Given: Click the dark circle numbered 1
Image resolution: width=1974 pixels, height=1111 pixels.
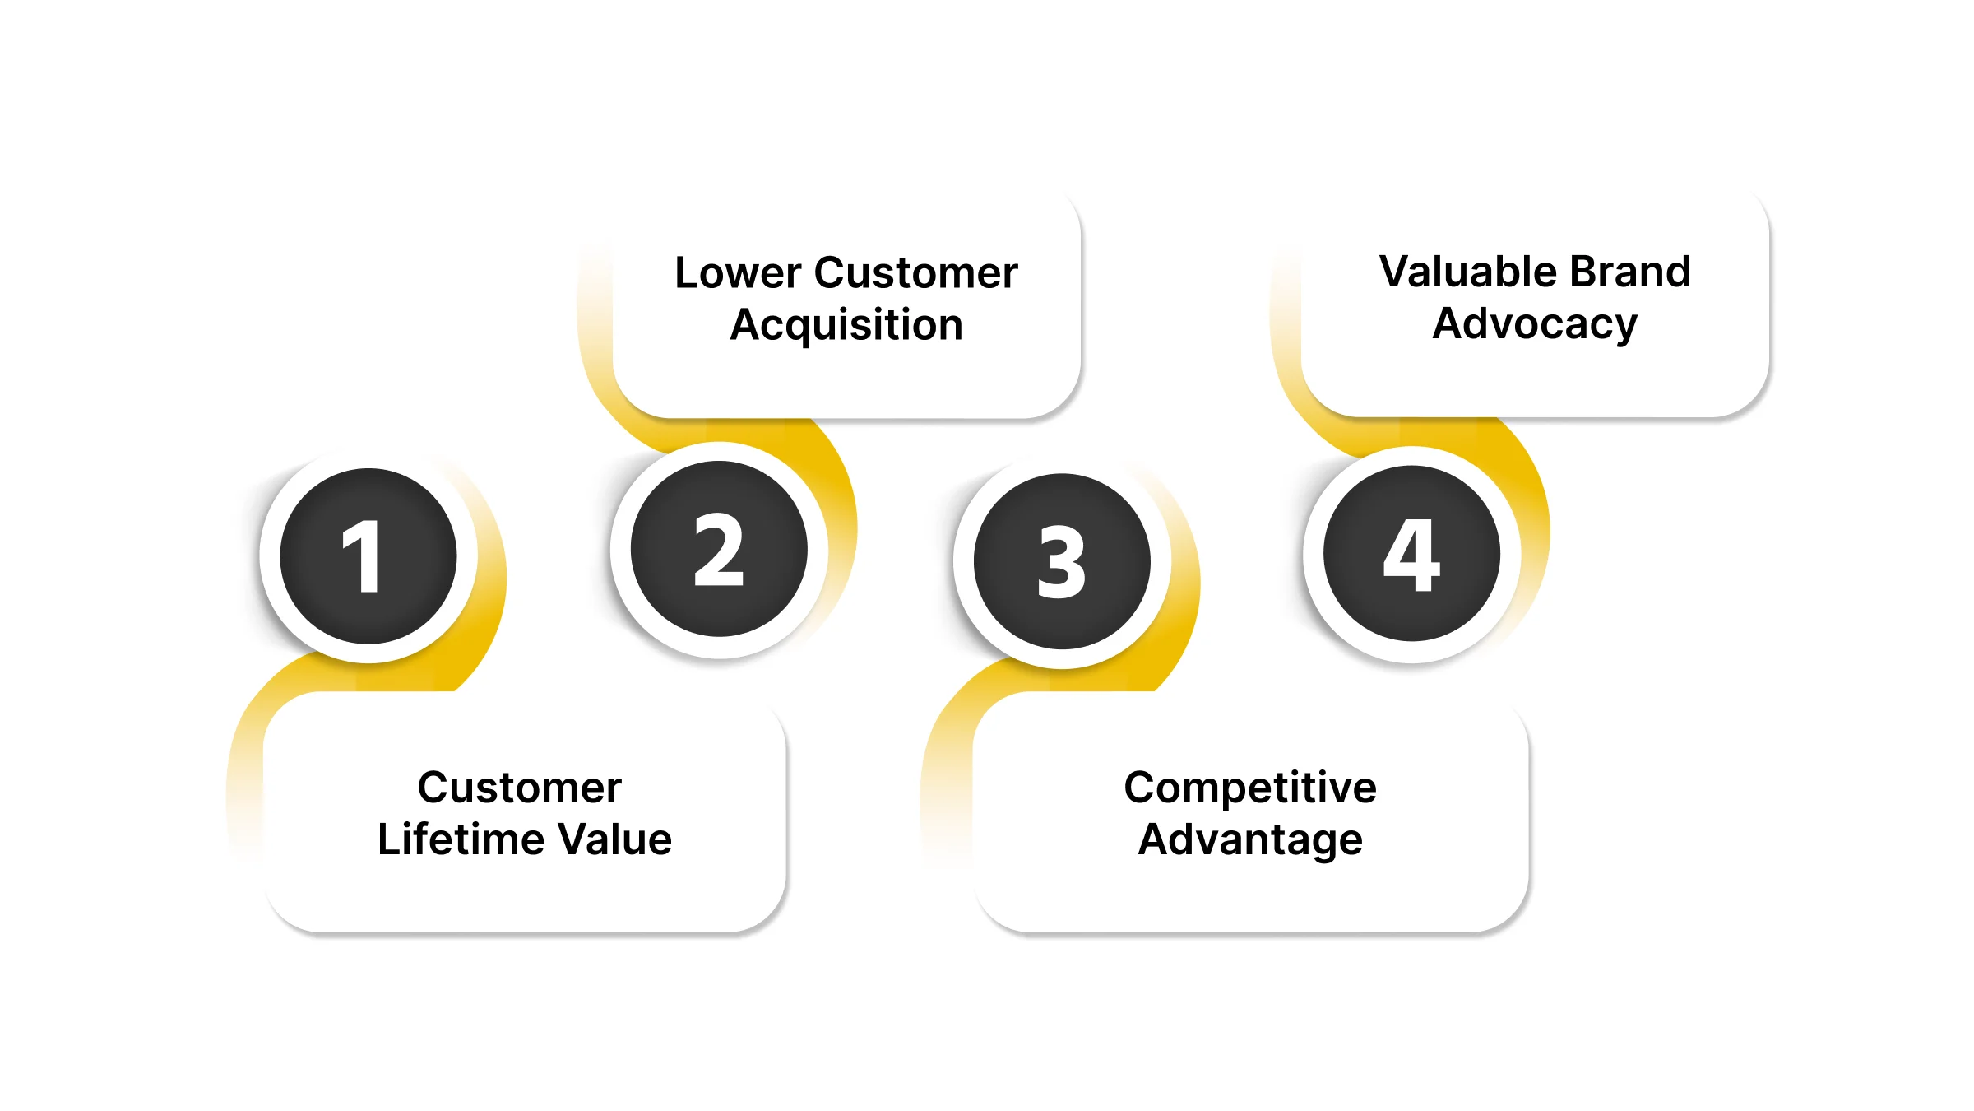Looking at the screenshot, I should (368, 556).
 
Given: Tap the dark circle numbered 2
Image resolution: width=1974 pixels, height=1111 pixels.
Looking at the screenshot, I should (719, 549).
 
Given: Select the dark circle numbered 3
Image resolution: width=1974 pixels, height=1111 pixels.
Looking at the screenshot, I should (1062, 561).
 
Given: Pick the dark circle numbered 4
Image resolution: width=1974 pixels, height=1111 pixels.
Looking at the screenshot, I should (1411, 554).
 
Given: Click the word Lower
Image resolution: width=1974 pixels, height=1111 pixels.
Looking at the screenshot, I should (738, 273).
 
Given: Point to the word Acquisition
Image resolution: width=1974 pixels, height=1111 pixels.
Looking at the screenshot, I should (846, 325).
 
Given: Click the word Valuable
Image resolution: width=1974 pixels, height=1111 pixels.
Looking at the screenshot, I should (1467, 272).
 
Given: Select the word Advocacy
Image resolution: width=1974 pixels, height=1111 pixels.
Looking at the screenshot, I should (1535, 324).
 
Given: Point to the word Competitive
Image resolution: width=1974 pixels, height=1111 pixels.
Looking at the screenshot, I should (1250, 788).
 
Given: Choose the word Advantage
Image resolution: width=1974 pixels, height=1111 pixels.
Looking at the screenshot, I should (1250, 840).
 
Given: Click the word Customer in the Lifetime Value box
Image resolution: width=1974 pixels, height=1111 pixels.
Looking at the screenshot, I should (520, 788).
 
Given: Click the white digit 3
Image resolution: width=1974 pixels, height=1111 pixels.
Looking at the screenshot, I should (1062, 563).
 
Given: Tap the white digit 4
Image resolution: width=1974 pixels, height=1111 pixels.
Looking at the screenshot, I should (1411, 555).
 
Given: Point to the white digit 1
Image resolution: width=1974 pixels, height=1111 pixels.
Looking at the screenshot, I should (362, 557).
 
